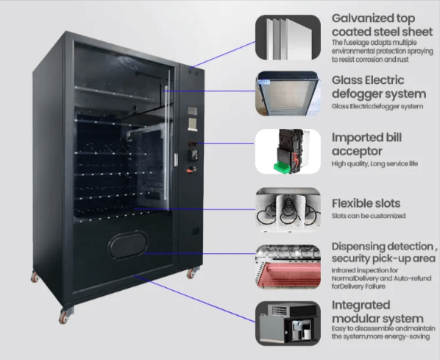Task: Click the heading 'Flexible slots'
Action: click(366, 203)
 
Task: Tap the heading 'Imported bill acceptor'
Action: click(366, 144)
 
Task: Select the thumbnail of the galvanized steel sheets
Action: click(288, 38)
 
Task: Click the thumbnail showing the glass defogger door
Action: click(288, 93)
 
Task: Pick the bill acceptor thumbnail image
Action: click(288, 152)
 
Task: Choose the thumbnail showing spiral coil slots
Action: click(288, 210)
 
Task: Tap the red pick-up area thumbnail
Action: click(288, 267)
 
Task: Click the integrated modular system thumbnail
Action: click(288, 323)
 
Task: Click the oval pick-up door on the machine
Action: click(128, 244)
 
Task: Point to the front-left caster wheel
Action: click(64, 317)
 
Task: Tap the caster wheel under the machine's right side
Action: click(191, 273)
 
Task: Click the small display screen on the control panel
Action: click(193, 124)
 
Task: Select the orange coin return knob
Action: click(191, 169)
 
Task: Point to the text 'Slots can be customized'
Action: click(369, 216)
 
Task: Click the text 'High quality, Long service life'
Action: click(375, 163)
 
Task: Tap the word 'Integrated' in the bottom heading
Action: click(361, 306)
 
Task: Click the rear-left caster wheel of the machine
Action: click(35, 277)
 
